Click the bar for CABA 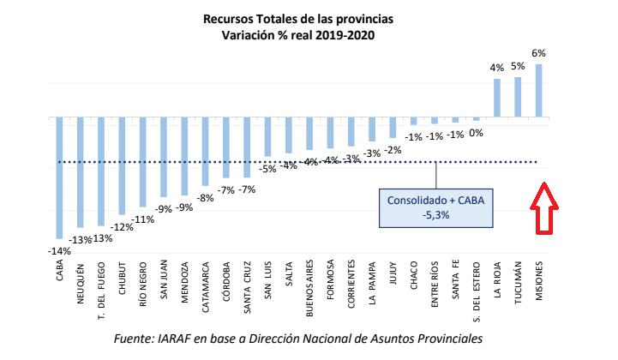59,177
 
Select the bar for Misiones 539,90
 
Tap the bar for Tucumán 518,97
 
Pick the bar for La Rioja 497,98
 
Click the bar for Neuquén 81,172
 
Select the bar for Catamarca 205,151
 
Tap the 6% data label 539,53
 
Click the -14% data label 59,250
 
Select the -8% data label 206,197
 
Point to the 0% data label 477,133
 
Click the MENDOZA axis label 185,282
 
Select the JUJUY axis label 393,277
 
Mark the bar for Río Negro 143,163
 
